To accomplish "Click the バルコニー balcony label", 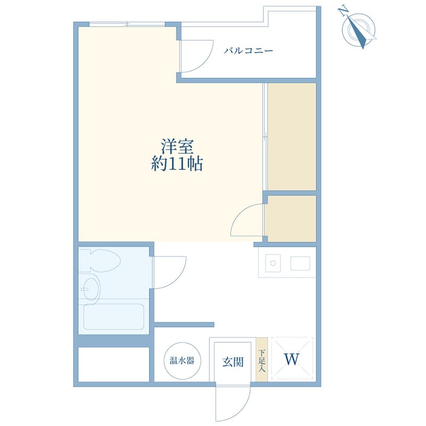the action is point(248,51).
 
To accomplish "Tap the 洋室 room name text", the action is point(177,146).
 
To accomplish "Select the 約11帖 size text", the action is point(177,164).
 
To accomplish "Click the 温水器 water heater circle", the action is point(182,361).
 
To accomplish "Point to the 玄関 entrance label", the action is point(233,362).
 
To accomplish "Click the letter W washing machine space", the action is point(292,359).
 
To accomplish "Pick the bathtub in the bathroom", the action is point(113,317).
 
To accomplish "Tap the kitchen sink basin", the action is point(300,263).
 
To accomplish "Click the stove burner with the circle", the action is point(273,263).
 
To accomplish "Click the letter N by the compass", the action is point(343,11).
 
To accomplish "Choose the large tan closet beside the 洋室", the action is point(292,137).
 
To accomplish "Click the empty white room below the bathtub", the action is point(114,364).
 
